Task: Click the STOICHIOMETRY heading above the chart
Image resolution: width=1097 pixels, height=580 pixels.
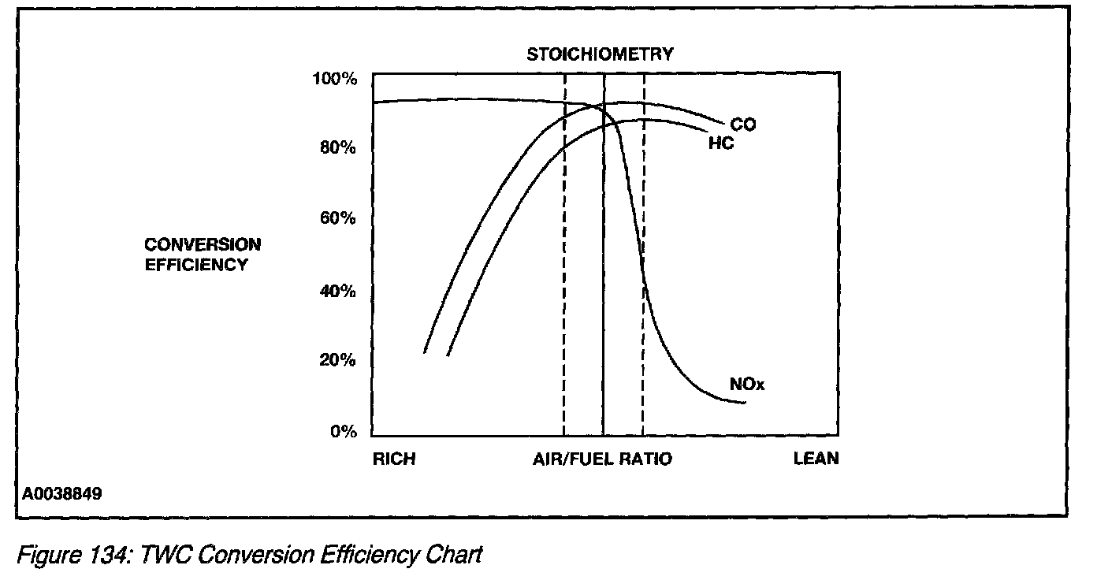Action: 600,54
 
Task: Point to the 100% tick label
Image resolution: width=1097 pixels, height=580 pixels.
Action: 336,79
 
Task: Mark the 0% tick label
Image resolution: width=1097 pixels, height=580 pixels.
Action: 344,432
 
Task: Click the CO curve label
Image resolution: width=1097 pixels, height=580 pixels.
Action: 742,125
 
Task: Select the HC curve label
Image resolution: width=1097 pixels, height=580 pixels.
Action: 720,144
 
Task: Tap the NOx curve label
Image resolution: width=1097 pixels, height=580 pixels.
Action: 747,385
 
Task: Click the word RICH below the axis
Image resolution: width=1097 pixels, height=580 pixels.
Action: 393,459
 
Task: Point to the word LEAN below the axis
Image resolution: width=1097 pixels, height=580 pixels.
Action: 816,459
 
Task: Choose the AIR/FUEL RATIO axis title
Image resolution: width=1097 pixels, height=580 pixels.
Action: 602,459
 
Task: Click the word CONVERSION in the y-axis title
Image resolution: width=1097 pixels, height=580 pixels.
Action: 202,245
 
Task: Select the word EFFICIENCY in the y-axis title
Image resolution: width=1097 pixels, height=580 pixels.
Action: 195,266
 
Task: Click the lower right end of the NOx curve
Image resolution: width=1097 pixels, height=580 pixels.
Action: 744,403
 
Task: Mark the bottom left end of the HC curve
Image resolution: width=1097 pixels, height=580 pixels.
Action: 448,355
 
